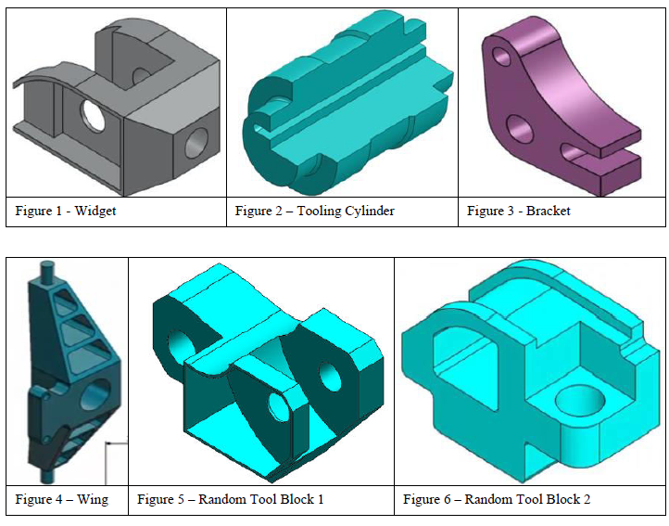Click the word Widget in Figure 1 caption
95,212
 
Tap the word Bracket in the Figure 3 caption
549,212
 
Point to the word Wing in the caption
92,500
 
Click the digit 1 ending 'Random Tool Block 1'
320,500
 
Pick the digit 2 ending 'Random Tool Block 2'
587,500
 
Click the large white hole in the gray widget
94,115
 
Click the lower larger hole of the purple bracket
516,125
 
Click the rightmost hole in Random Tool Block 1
329,376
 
